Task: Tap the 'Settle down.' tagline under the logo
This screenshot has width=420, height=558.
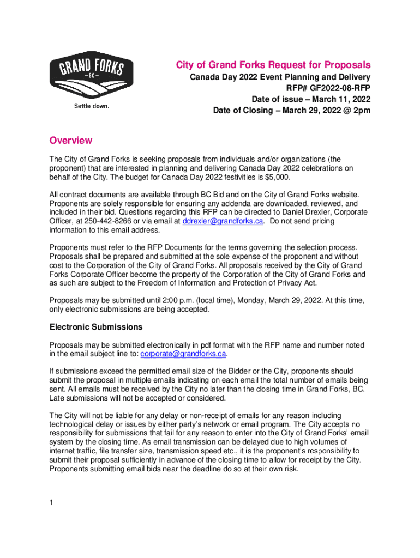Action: point(92,106)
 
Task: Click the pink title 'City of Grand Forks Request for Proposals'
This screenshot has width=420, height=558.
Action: point(273,65)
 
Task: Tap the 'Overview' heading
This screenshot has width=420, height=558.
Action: point(71,141)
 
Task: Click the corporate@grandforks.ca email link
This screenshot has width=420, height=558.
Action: point(183,354)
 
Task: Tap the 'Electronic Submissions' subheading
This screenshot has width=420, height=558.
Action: point(96,327)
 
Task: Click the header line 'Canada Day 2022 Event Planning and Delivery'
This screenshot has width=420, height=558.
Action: point(280,77)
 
